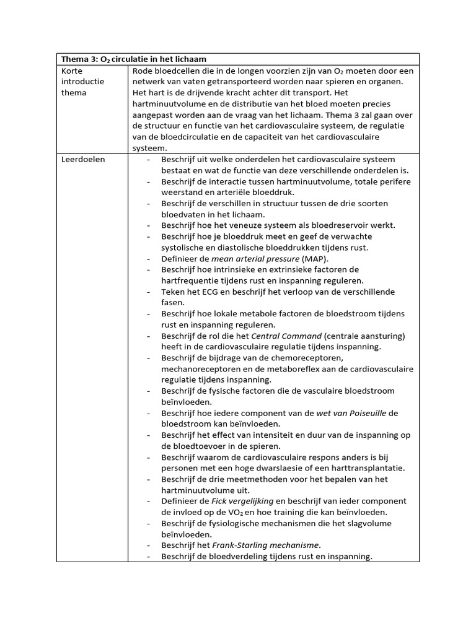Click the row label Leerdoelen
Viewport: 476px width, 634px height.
click(83, 159)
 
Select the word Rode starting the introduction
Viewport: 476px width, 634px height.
click(144, 71)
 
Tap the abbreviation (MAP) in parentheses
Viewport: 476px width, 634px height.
click(315, 258)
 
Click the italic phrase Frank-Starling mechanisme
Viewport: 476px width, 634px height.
click(267, 545)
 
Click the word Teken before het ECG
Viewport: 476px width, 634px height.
click(175, 292)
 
